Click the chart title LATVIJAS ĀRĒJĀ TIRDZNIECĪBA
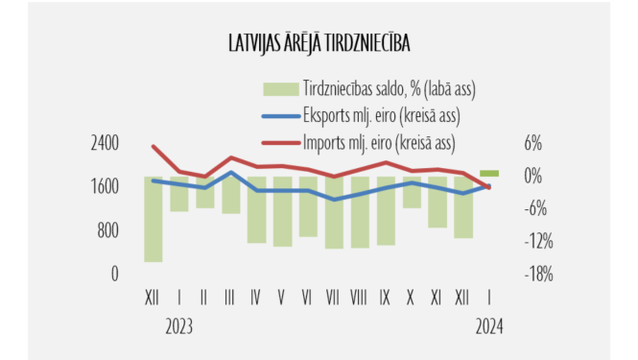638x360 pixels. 319,43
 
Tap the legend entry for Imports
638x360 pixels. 378,143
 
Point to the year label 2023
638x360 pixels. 178,326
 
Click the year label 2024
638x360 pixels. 490,326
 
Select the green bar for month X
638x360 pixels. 412,192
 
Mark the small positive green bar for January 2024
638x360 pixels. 489,173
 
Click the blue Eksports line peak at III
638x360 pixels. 231,173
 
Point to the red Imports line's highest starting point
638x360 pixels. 154,146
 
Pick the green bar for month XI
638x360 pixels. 437,202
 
